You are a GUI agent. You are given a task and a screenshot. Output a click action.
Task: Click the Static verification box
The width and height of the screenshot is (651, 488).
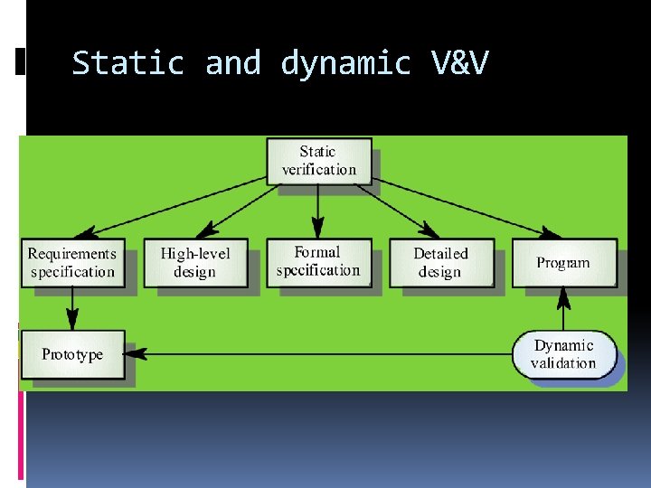(318, 161)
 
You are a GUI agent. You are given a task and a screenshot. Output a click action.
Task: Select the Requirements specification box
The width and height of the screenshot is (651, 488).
(72, 263)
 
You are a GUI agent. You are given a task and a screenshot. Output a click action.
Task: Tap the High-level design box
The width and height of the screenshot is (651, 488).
(194, 263)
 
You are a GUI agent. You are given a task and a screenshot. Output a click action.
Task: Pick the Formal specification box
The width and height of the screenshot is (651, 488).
(318, 262)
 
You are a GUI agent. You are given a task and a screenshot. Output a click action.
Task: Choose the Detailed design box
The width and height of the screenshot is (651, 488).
(441, 263)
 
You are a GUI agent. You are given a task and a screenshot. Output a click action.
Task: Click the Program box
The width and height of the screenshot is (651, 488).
(563, 263)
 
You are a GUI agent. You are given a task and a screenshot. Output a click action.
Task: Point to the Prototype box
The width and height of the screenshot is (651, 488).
(71, 354)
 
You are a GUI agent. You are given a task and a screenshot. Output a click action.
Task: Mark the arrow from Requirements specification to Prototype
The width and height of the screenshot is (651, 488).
(72, 309)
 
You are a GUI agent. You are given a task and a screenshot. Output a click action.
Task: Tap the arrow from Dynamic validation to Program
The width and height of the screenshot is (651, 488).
(564, 309)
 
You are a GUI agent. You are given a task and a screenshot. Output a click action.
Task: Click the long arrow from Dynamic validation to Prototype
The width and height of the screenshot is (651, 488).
(316, 354)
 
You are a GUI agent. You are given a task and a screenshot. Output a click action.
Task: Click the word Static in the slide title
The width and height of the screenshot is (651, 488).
(127, 64)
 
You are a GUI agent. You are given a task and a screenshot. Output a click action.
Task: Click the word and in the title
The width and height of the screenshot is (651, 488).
(232, 64)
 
